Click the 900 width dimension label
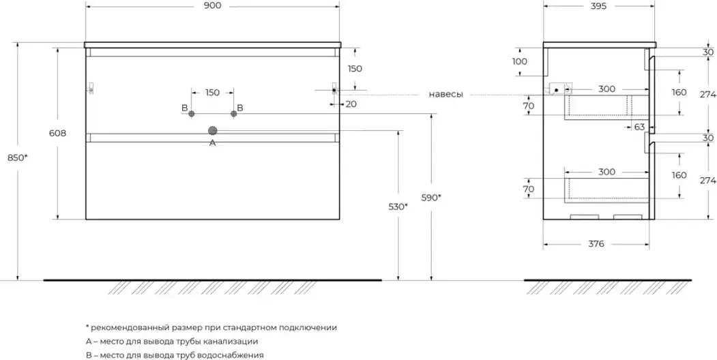click(x=212, y=5)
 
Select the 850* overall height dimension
click(x=18, y=157)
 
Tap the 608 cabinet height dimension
click(x=58, y=134)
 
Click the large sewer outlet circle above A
click(x=212, y=131)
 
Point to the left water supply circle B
click(x=192, y=113)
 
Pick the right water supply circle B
click(x=234, y=113)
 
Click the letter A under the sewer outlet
click(x=212, y=143)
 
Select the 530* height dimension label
click(x=398, y=207)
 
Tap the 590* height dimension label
click(x=431, y=197)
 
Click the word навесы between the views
click(x=446, y=95)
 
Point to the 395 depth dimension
click(x=598, y=6)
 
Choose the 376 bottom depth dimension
click(x=596, y=244)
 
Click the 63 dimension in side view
click(x=639, y=127)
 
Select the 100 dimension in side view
click(x=520, y=61)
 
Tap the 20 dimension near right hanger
click(x=351, y=104)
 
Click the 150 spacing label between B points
click(x=212, y=93)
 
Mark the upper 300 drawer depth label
click(x=606, y=89)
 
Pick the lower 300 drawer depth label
click(x=606, y=172)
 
